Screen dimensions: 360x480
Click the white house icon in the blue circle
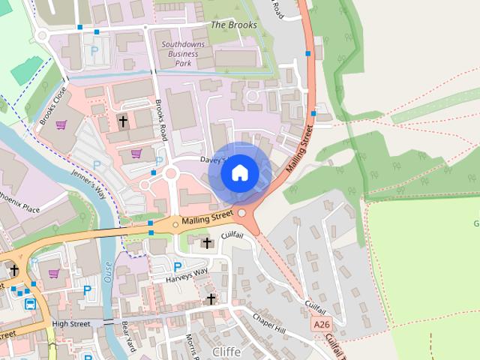239,173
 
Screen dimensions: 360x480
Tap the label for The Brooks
233,25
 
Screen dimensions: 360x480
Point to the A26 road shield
321,324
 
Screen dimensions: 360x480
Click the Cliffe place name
226,351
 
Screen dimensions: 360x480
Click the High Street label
71,324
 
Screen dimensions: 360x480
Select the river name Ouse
108,266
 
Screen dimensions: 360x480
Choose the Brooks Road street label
160,120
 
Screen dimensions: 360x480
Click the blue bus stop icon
30,304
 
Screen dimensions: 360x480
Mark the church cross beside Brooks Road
123,120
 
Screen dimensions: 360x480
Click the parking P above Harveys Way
178,266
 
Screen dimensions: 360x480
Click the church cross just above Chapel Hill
211,298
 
